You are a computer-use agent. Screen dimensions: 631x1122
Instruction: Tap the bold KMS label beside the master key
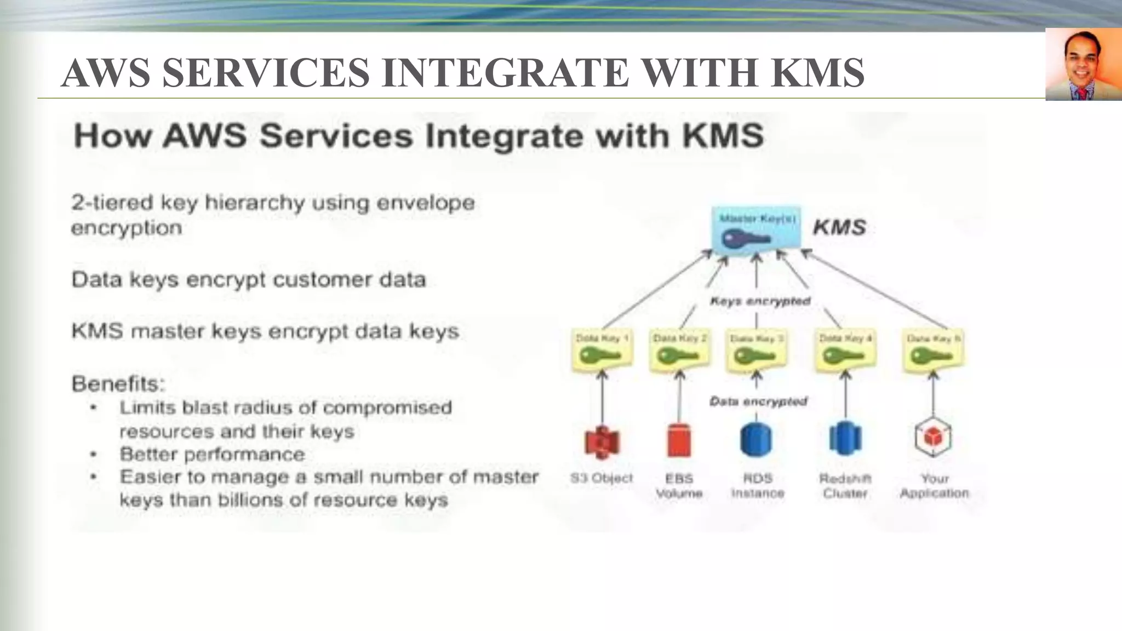[x=839, y=227]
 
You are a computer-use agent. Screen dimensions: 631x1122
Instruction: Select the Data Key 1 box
[x=602, y=351]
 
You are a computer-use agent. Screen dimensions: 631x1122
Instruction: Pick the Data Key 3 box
[x=757, y=351]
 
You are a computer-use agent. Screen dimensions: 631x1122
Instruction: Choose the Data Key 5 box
[x=934, y=351]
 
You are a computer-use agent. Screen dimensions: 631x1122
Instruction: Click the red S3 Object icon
[x=602, y=441]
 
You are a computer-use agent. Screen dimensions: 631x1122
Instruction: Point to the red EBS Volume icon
[x=679, y=440]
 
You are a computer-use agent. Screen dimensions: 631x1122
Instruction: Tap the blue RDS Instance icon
[x=756, y=439]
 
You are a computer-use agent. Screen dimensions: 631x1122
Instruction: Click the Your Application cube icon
[x=933, y=438]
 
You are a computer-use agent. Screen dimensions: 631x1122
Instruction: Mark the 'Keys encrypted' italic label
[x=760, y=301]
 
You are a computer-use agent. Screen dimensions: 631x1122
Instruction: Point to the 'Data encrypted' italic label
[x=758, y=401]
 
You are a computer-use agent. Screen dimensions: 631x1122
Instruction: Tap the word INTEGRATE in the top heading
[x=505, y=73]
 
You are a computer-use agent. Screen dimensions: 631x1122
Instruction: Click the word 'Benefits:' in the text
[x=118, y=384]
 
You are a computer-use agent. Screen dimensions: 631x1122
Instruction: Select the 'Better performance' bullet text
[x=212, y=454]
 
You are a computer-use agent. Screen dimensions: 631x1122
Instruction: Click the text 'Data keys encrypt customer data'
[x=248, y=280]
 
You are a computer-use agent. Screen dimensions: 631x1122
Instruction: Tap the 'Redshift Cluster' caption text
[x=845, y=486]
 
